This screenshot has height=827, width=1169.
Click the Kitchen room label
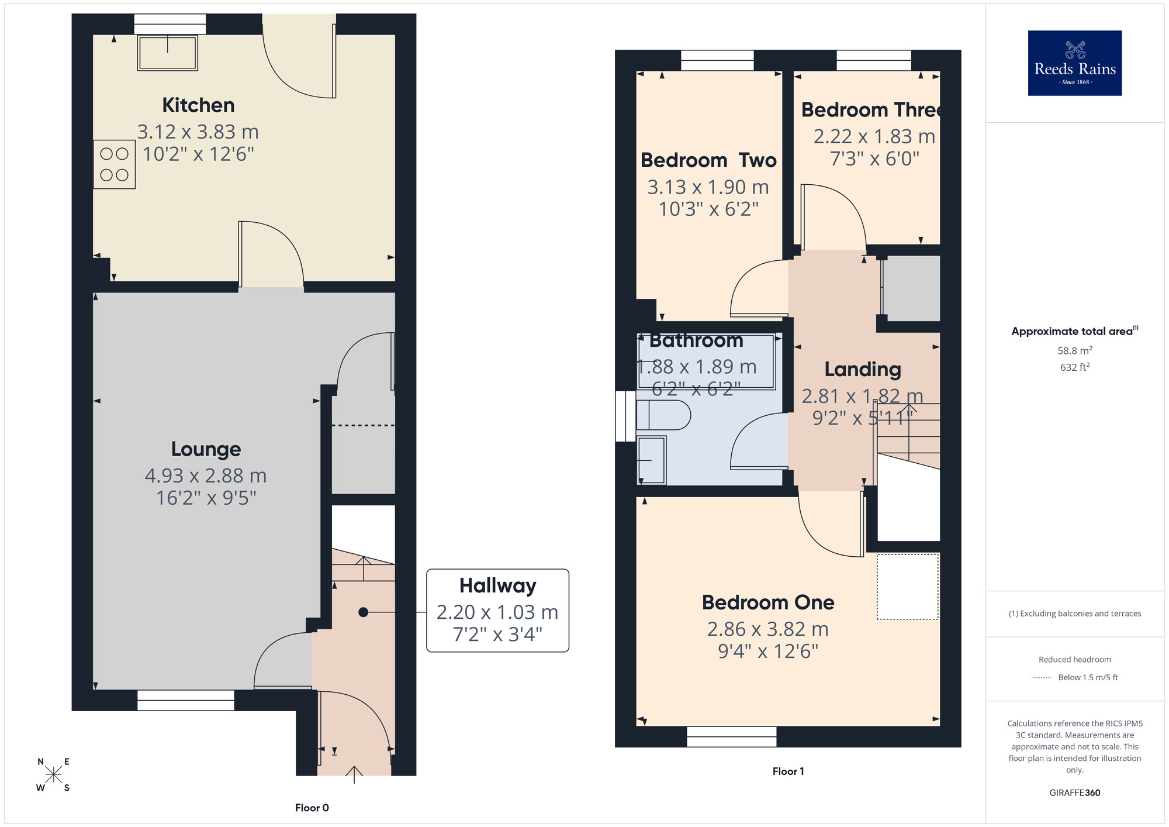point(198,105)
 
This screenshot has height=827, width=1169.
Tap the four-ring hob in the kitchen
point(114,164)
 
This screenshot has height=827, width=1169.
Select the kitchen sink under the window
point(168,53)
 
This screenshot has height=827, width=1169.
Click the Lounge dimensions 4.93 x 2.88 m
point(206,475)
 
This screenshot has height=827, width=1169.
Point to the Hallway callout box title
point(497,585)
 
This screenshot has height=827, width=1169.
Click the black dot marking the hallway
point(363,612)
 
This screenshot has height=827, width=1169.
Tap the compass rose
point(53,775)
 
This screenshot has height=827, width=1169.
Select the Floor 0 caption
point(312,808)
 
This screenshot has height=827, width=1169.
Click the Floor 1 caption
point(788,771)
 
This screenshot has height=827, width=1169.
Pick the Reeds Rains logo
point(1074,63)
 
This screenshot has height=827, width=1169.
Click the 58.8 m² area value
point(1074,350)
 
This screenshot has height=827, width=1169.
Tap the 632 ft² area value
point(1074,367)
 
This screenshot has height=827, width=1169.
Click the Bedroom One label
point(767,602)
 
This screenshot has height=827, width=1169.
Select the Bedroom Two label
point(708,160)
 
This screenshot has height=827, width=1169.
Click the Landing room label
point(862,370)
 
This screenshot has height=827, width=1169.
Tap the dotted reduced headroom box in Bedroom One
point(907,587)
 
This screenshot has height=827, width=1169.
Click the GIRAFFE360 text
point(1074,793)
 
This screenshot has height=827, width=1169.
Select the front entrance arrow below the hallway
point(354,774)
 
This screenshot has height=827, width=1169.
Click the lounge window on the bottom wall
point(186,700)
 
